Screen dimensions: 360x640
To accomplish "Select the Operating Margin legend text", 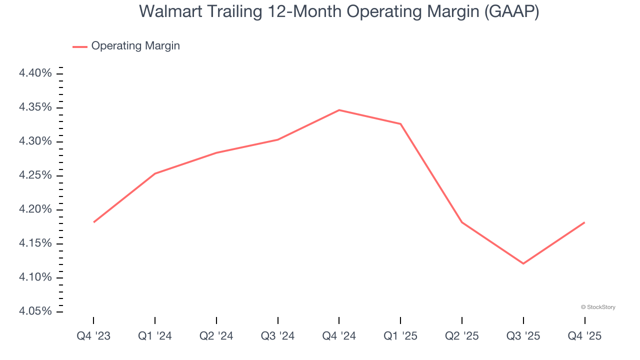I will point(135,46).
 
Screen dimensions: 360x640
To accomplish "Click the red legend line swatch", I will point(80,46).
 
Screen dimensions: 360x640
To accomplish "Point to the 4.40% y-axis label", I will point(35,73).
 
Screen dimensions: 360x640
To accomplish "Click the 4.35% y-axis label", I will point(35,107).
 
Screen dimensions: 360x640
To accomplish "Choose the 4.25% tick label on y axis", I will point(35,175).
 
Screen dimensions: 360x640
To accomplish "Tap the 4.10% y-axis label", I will point(35,277).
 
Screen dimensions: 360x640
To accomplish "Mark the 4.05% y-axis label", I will point(35,311).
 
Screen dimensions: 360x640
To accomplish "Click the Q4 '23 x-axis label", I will point(93,336).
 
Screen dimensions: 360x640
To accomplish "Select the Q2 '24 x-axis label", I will point(216,336).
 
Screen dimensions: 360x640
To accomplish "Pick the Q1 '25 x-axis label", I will point(400,336).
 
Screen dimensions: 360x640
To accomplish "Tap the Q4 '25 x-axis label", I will point(584,336).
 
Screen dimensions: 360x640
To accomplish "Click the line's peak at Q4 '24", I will point(339,110).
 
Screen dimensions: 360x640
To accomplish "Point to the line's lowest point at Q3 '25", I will point(523,263).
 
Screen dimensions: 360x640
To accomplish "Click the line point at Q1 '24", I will point(155,173).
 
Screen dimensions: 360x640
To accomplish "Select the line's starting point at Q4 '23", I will point(94,222).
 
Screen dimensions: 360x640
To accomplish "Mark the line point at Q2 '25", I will point(462,222).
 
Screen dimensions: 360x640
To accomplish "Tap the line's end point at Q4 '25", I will point(584,222).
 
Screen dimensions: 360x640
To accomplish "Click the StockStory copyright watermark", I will point(598,307).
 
